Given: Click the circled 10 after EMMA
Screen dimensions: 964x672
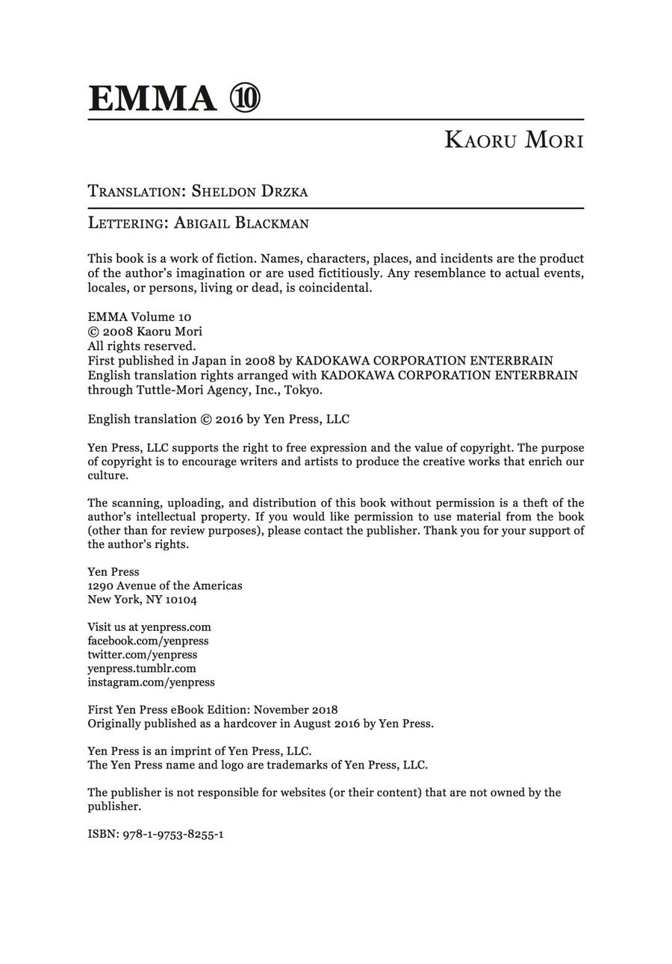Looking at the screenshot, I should coord(245,98).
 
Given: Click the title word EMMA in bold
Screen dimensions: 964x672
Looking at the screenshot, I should coord(152,98).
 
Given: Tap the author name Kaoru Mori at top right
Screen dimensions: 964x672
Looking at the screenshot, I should coord(514,140).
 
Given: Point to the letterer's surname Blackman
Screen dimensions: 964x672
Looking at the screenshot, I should coord(271,223).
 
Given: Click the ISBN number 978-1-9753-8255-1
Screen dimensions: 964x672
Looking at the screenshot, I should coord(173,834).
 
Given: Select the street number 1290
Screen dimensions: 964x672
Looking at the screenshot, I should coord(100,585).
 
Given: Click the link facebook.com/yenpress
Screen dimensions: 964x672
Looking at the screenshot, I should coord(148,641).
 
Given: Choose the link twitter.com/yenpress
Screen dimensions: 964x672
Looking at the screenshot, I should coord(142,655).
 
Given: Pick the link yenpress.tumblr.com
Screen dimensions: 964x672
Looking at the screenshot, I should coord(142,668).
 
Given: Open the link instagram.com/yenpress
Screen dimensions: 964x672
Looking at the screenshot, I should coord(151,682).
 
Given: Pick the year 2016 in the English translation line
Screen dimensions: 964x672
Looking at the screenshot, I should coord(229,419).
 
